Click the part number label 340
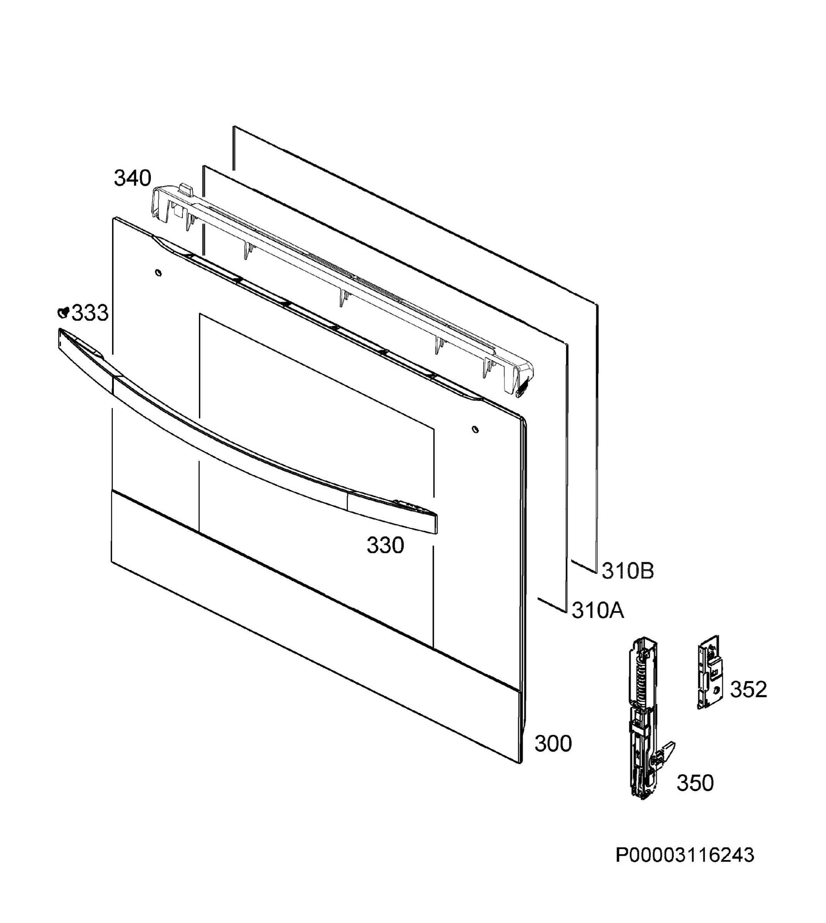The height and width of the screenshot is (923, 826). coord(132,178)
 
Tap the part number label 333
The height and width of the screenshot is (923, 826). coord(90,313)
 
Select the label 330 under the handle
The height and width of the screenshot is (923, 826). coord(385,545)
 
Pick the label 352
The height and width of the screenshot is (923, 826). coord(748,690)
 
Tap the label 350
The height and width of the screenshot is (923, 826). coord(695,783)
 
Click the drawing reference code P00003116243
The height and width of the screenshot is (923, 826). coord(685,855)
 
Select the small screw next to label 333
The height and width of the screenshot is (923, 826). coord(64,312)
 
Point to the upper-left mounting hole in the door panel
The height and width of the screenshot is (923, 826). coord(158,273)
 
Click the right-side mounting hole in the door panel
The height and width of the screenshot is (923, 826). coord(475,429)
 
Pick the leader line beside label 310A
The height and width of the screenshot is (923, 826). coord(552,605)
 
